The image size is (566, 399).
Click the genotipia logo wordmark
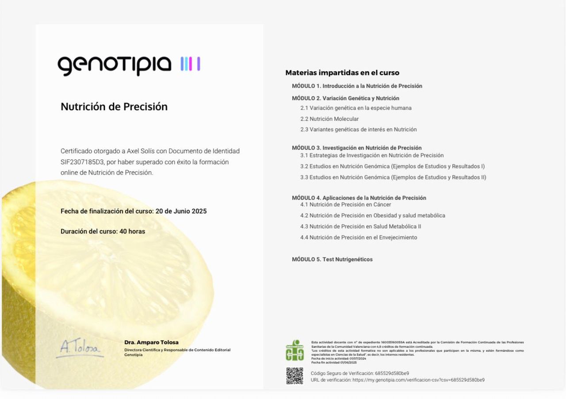(x=114, y=65)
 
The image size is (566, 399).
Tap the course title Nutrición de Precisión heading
(x=114, y=107)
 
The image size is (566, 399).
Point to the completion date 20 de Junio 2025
(x=181, y=211)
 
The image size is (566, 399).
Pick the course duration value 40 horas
(x=132, y=231)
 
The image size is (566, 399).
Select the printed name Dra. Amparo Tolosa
(x=151, y=342)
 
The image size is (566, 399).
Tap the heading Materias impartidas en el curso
(x=342, y=73)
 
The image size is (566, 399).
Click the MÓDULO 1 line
(x=357, y=86)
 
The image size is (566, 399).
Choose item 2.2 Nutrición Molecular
(x=329, y=119)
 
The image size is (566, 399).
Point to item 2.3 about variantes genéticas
(x=358, y=130)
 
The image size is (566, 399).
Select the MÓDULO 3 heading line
(x=356, y=148)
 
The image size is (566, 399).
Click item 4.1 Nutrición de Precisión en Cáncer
(x=345, y=204)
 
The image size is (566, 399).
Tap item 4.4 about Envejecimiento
(x=358, y=238)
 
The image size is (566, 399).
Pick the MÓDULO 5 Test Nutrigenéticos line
(x=332, y=259)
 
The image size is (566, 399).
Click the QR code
(x=294, y=376)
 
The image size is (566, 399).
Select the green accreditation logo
(x=294, y=350)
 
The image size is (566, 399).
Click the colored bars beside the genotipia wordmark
(x=191, y=64)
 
